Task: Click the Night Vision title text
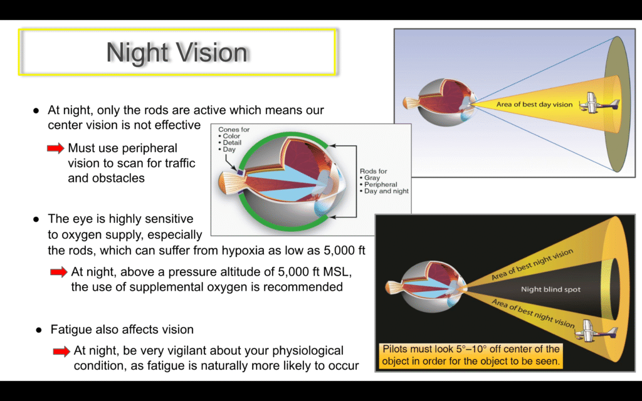(x=177, y=53)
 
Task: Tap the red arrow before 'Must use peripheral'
(x=56, y=148)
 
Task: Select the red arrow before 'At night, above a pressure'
(x=58, y=272)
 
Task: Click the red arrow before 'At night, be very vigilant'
(x=61, y=351)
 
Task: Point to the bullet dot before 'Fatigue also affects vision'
(x=39, y=330)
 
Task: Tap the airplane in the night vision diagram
(x=596, y=331)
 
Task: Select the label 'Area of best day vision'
(x=534, y=105)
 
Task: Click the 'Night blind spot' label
(x=550, y=289)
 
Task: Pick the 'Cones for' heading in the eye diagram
(x=234, y=129)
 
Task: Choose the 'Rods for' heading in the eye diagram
(x=374, y=171)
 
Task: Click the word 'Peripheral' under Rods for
(x=381, y=185)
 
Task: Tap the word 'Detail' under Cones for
(x=232, y=142)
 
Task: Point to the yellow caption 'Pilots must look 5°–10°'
(x=470, y=355)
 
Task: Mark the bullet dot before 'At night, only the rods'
(x=36, y=111)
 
